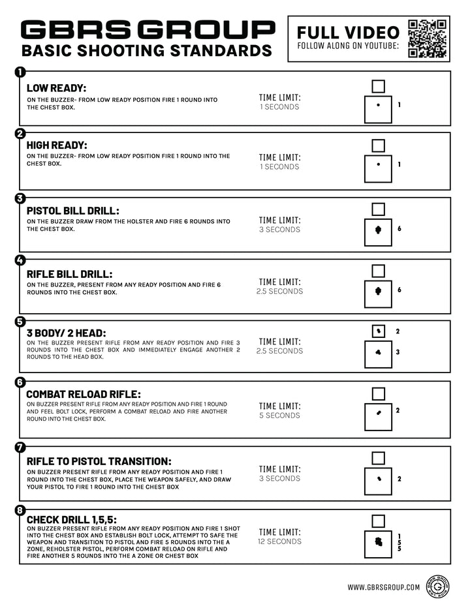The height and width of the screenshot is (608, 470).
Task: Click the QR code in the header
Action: [x=428, y=38]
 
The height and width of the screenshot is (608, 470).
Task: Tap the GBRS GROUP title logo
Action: [x=148, y=30]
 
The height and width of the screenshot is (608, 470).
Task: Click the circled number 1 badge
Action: [x=20, y=72]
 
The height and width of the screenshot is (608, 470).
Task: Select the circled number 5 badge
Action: [x=20, y=321]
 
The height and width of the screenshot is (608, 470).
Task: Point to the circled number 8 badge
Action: [x=20, y=510]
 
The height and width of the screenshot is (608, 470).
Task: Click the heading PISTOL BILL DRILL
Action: [x=73, y=211]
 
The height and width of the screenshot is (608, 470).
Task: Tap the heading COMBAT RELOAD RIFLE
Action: [x=84, y=394]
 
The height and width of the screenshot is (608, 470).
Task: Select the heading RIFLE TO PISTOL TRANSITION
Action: [x=99, y=461]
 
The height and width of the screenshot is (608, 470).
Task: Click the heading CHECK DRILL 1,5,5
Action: [x=71, y=519]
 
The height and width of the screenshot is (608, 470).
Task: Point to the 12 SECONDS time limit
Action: [x=280, y=541]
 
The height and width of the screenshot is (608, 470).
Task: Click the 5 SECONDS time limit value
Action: [x=280, y=416]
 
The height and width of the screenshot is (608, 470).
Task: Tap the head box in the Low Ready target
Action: [x=378, y=86]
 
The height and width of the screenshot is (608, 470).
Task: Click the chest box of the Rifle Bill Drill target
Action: [x=378, y=294]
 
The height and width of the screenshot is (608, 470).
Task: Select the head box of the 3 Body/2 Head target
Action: [x=378, y=331]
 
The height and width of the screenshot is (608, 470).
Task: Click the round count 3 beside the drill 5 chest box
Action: [x=398, y=352]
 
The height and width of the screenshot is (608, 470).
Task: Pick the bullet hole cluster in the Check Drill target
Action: [x=377, y=541]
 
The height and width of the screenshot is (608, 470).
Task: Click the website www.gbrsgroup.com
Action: [x=384, y=587]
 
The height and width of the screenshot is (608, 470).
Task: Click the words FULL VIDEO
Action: [x=348, y=32]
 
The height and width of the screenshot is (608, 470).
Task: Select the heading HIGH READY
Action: [x=57, y=145]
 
